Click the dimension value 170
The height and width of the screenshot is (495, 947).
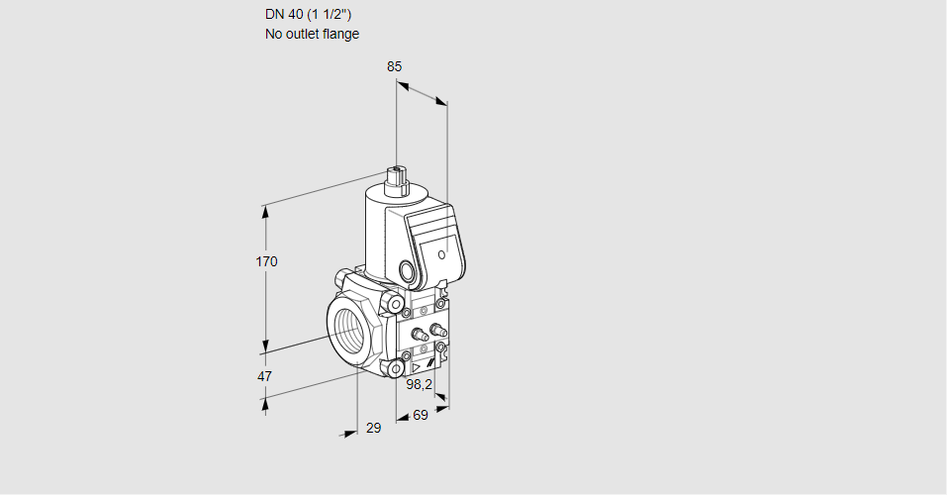click(x=266, y=261)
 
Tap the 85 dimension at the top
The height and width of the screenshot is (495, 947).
click(x=395, y=66)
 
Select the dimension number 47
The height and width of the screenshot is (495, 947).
click(x=264, y=376)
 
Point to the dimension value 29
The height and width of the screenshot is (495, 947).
click(x=374, y=428)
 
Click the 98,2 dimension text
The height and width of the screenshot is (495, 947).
click(x=420, y=384)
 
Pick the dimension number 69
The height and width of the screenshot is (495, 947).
click(x=421, y=415)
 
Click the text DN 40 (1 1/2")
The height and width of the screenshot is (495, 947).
click(x=308, y=15)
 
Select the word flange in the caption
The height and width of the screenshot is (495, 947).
click(x=340, y=34)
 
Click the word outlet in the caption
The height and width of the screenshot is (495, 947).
click(x=302, y=34)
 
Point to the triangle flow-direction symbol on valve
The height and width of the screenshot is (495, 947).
click(x=417, y=367)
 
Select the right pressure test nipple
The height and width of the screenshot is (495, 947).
click(x=438, y=330)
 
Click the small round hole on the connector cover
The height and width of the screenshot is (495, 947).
click(x=441, y=254)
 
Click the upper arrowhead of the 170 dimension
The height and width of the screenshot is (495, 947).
click(x=264, y=211)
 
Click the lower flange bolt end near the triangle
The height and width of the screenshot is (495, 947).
click(x=396, y=368)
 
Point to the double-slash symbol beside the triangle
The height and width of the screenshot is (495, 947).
click(x=430, y=363)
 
